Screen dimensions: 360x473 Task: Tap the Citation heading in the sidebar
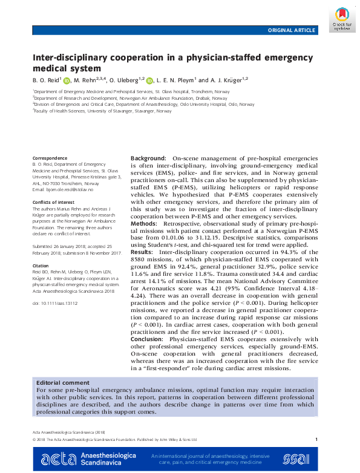(x=41, y=265)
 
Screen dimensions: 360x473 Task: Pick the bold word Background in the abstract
(x=149, y=158)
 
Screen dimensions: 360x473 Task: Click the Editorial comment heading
(x=61, y=383)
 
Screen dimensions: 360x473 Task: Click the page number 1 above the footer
(x=316, y=440)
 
